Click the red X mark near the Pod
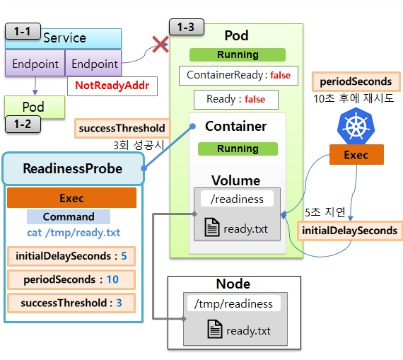[160, 45]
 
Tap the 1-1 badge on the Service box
[23, 31]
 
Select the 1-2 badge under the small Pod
[23, 124]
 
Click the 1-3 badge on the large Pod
[187, 27]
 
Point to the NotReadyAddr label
[112, 86]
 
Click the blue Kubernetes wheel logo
[356, 126]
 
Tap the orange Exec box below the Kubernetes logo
[356, 155]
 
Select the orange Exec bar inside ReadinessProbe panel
[71, 198]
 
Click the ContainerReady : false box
[238, 76]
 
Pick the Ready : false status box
[236, 99]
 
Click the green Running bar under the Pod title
[238, 54]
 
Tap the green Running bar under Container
[238, 149]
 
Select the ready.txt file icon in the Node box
[215, 329]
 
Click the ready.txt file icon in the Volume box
[212, 227]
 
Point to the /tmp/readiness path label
[233, 303]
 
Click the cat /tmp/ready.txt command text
[74, 233]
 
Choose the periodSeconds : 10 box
[71, 279]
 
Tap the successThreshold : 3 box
[71, 303]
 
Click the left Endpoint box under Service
[35, 64]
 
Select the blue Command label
[69, 216]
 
